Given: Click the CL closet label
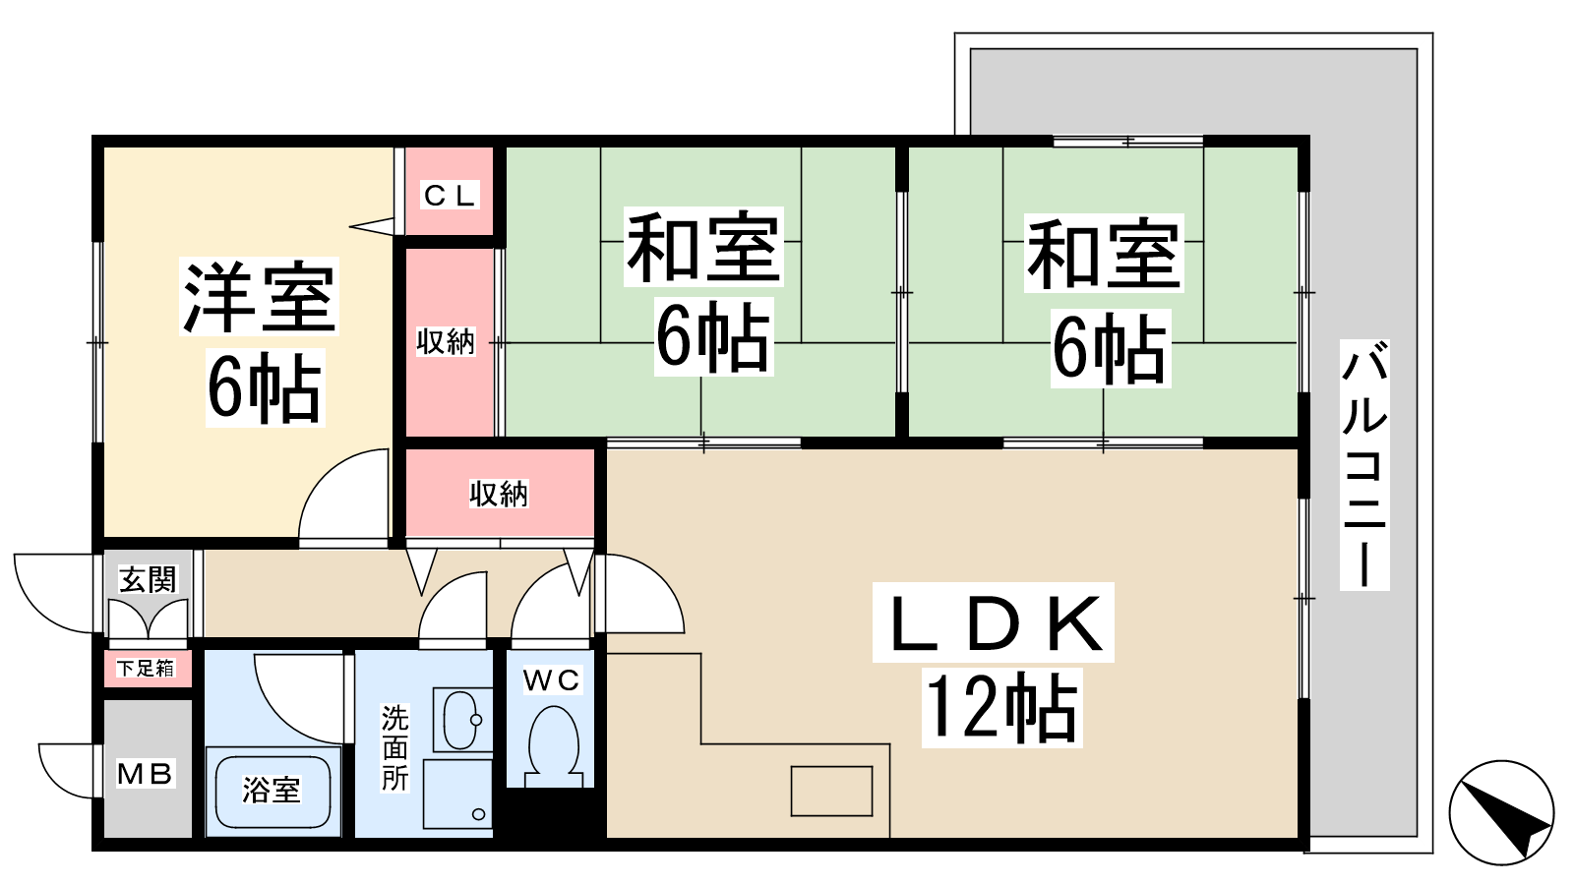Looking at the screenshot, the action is (451, 196).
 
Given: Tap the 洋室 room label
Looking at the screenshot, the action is (260, 296).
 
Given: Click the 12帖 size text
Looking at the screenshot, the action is (1001, 707).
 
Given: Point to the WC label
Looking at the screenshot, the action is (552, 679).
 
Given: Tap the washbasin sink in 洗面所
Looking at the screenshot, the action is (461, 721).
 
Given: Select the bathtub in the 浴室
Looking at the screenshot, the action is (272, 792).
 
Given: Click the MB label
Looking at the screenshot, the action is (145, 773).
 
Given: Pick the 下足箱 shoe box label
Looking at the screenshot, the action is (146, 668).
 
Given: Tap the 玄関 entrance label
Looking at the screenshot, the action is (149, 580).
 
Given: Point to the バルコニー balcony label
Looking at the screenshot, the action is (1364, 463).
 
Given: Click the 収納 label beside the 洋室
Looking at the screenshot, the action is (447, 341).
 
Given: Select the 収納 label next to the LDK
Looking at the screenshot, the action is (499, 494).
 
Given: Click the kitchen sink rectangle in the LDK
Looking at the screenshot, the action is (832, 791).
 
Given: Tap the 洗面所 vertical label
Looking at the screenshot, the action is (394, 748).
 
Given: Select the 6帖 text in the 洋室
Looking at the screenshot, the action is (265, 387).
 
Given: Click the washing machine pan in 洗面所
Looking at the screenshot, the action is (457, 794).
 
